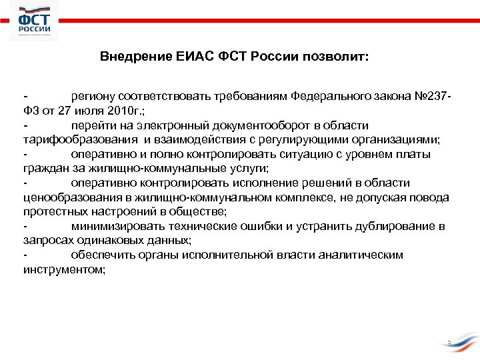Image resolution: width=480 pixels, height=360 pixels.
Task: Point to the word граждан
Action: click(x=44, y=168)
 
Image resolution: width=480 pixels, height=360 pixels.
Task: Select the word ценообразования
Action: click(x=61, y=197)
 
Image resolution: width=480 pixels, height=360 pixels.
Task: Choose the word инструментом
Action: click(x=63, y=270)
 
